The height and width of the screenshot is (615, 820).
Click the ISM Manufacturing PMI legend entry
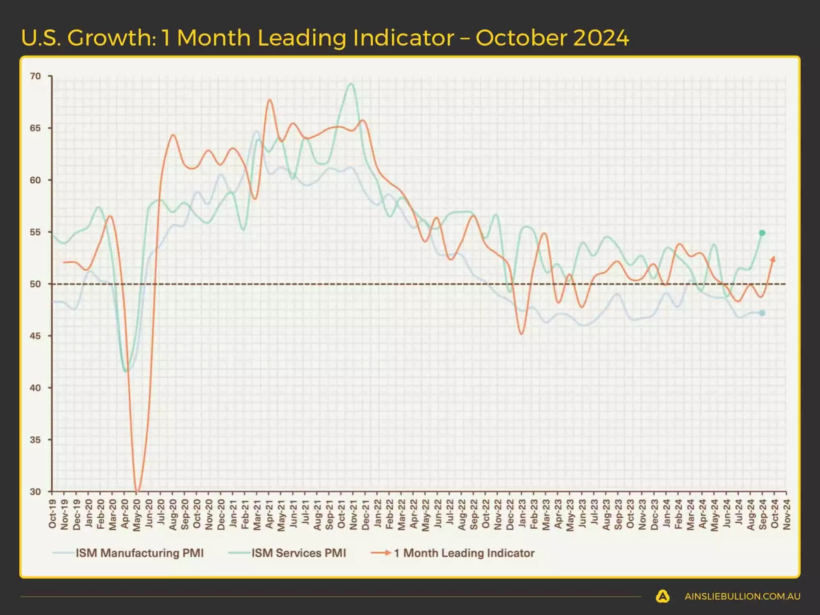[139, 553]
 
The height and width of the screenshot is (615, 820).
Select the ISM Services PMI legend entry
[298, 553]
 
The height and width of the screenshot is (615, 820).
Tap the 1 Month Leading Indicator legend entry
[464, 553]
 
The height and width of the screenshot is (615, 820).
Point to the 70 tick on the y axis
[36, 76]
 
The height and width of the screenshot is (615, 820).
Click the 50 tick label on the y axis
[36, 284]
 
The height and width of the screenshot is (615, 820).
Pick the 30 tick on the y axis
[36, 491]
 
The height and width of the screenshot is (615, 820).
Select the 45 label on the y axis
[36, 336]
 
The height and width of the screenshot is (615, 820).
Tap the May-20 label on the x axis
[137, 515]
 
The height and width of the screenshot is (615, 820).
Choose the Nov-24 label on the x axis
[786, 514]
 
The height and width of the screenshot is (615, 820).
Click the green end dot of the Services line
[762, 233]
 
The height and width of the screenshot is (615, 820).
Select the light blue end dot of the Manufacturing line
[762, 313]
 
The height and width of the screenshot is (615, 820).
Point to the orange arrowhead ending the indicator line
[774, 258]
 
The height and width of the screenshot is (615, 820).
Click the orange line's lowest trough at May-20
[137, 490]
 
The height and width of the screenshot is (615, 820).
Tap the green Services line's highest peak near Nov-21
[351, 84]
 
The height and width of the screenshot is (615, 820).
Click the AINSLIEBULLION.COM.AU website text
[742, 597]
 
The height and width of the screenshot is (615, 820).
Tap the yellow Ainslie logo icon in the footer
[663, 596]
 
